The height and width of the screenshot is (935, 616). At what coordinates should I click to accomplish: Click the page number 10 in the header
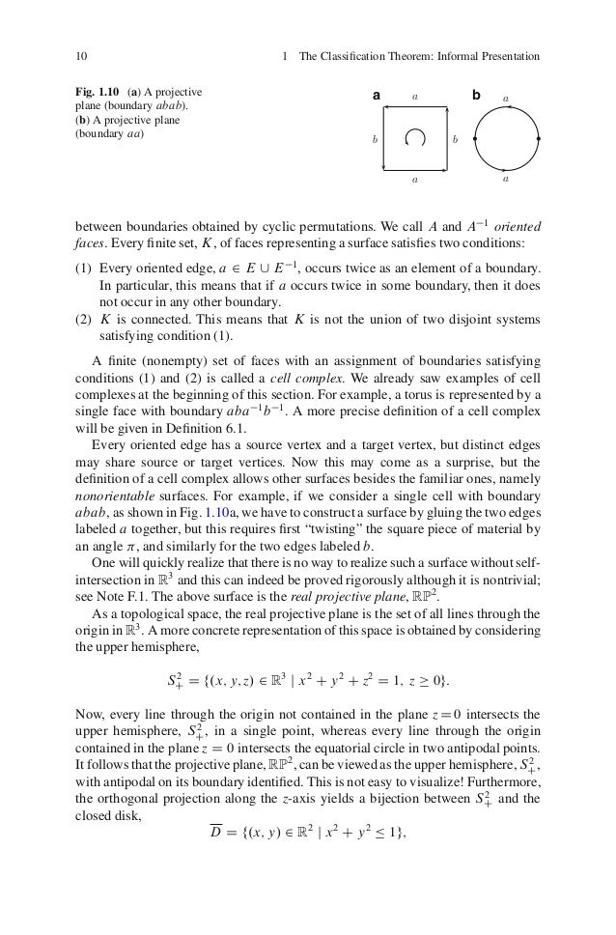coord(80,55)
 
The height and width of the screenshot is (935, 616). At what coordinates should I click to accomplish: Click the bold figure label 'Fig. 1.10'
coord(97,94)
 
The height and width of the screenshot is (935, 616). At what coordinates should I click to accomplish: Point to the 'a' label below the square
coord(415,180)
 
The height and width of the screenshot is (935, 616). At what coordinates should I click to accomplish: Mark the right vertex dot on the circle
coord(539,139)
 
